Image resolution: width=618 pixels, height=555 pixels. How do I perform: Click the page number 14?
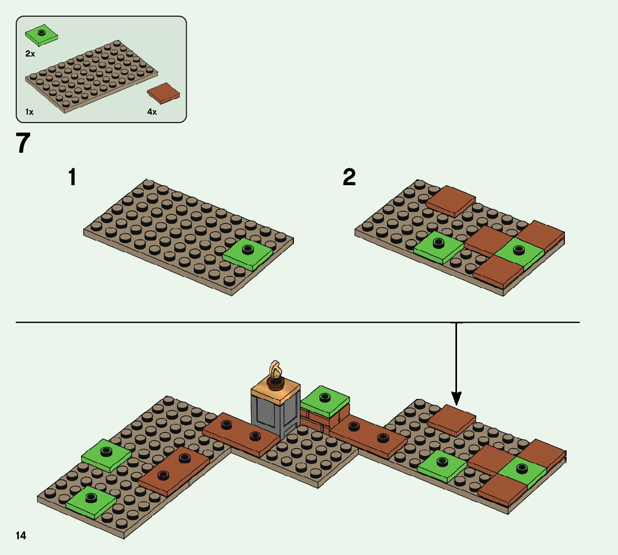[x=21, y=536]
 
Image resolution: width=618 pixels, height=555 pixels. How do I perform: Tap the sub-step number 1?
[x=72, y=177]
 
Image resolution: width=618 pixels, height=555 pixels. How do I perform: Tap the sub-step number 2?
[x=349, y=177]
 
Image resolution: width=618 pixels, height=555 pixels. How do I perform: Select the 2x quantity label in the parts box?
[x=30, y=54]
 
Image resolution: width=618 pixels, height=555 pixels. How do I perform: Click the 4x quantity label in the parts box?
[x=152, y=112]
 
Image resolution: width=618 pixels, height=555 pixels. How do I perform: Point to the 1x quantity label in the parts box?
[x=29, y=112]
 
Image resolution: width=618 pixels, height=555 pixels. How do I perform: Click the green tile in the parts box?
[x=41, y=35]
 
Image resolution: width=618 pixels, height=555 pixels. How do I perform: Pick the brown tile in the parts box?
[x=163, y=92]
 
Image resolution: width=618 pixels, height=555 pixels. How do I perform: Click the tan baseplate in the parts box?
[x=92, y=76]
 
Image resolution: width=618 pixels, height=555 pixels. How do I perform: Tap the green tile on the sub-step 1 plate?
[x=248, y=255]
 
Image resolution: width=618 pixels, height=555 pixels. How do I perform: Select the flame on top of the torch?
[x=274, y=370]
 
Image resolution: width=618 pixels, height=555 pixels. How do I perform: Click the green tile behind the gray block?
[x=325, y=399]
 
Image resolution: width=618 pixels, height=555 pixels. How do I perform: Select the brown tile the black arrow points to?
[x=451, y=419]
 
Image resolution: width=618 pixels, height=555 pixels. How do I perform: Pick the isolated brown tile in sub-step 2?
[x=451, y=201]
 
